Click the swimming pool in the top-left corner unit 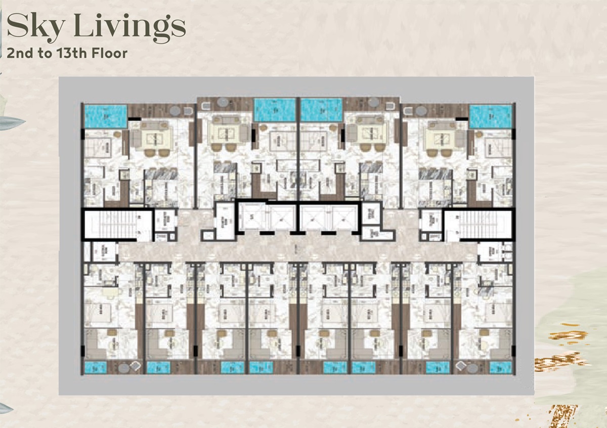coord(106,115)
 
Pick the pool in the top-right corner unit coord(491,116)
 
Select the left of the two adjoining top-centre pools coord(274,110)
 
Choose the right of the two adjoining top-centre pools coord(322,110)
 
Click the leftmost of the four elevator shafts coord(253,217)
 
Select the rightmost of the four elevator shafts coord(345,217)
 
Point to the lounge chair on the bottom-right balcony coord(461,366)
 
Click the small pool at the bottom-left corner coord(95,367)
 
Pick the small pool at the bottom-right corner coord(501,367)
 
